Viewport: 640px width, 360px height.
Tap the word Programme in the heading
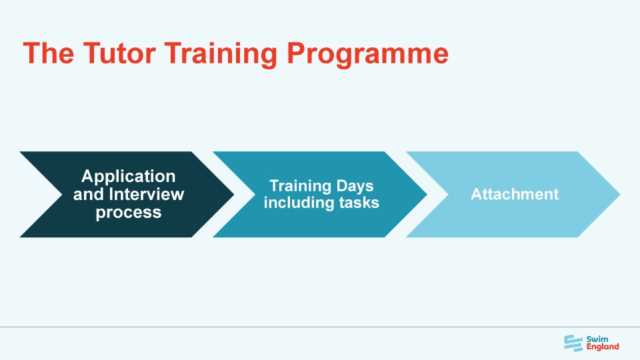[x=367, y=53]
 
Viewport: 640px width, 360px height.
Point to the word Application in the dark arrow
[x=128, y=177]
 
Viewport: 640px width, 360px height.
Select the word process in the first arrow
[x=128, y=213]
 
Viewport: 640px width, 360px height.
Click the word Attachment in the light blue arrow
[x=515, y=195]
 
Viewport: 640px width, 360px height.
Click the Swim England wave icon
[x=573, y=342]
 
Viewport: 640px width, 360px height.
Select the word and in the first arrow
[x=88, y=195]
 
